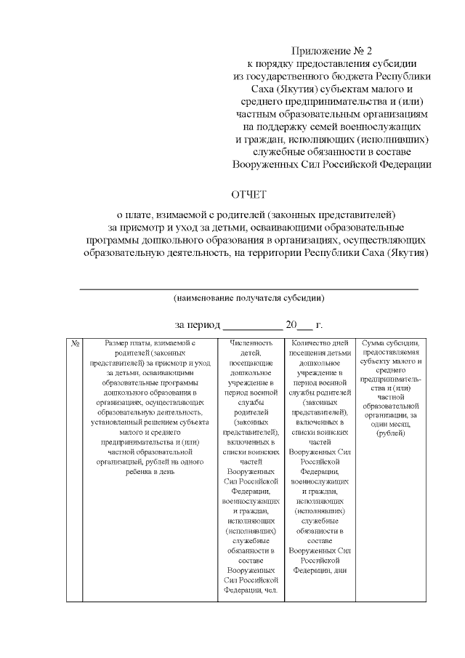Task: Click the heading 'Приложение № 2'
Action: pos(331,51)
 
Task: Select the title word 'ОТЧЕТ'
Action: pos(249,195)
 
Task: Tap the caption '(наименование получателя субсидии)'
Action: pos(248,298)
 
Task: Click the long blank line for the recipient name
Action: pos(248,289)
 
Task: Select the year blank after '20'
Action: pos(305,328)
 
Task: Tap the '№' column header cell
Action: pos(74,343)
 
